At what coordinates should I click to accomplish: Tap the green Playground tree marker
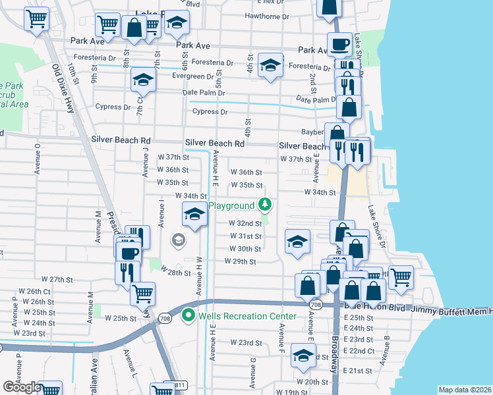tap(265, 205)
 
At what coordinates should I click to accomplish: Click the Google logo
tap(22, 387)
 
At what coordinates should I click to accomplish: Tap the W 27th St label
tap(57, 279)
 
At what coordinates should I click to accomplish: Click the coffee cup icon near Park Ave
tap(340, 45)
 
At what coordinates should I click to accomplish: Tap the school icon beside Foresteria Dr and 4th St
tap(270, 65)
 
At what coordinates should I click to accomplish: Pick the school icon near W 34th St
tap(194, 215)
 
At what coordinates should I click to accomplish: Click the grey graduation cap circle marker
tap(178, 240)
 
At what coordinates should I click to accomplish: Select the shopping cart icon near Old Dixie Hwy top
tap(37, 18)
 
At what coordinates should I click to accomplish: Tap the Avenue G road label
tap(252, 372)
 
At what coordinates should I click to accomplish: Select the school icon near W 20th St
tap(303, 356)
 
